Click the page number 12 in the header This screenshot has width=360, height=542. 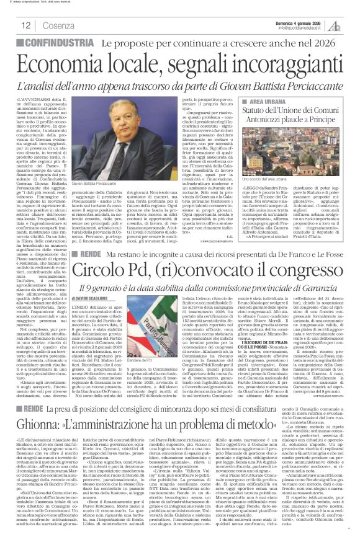25,25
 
